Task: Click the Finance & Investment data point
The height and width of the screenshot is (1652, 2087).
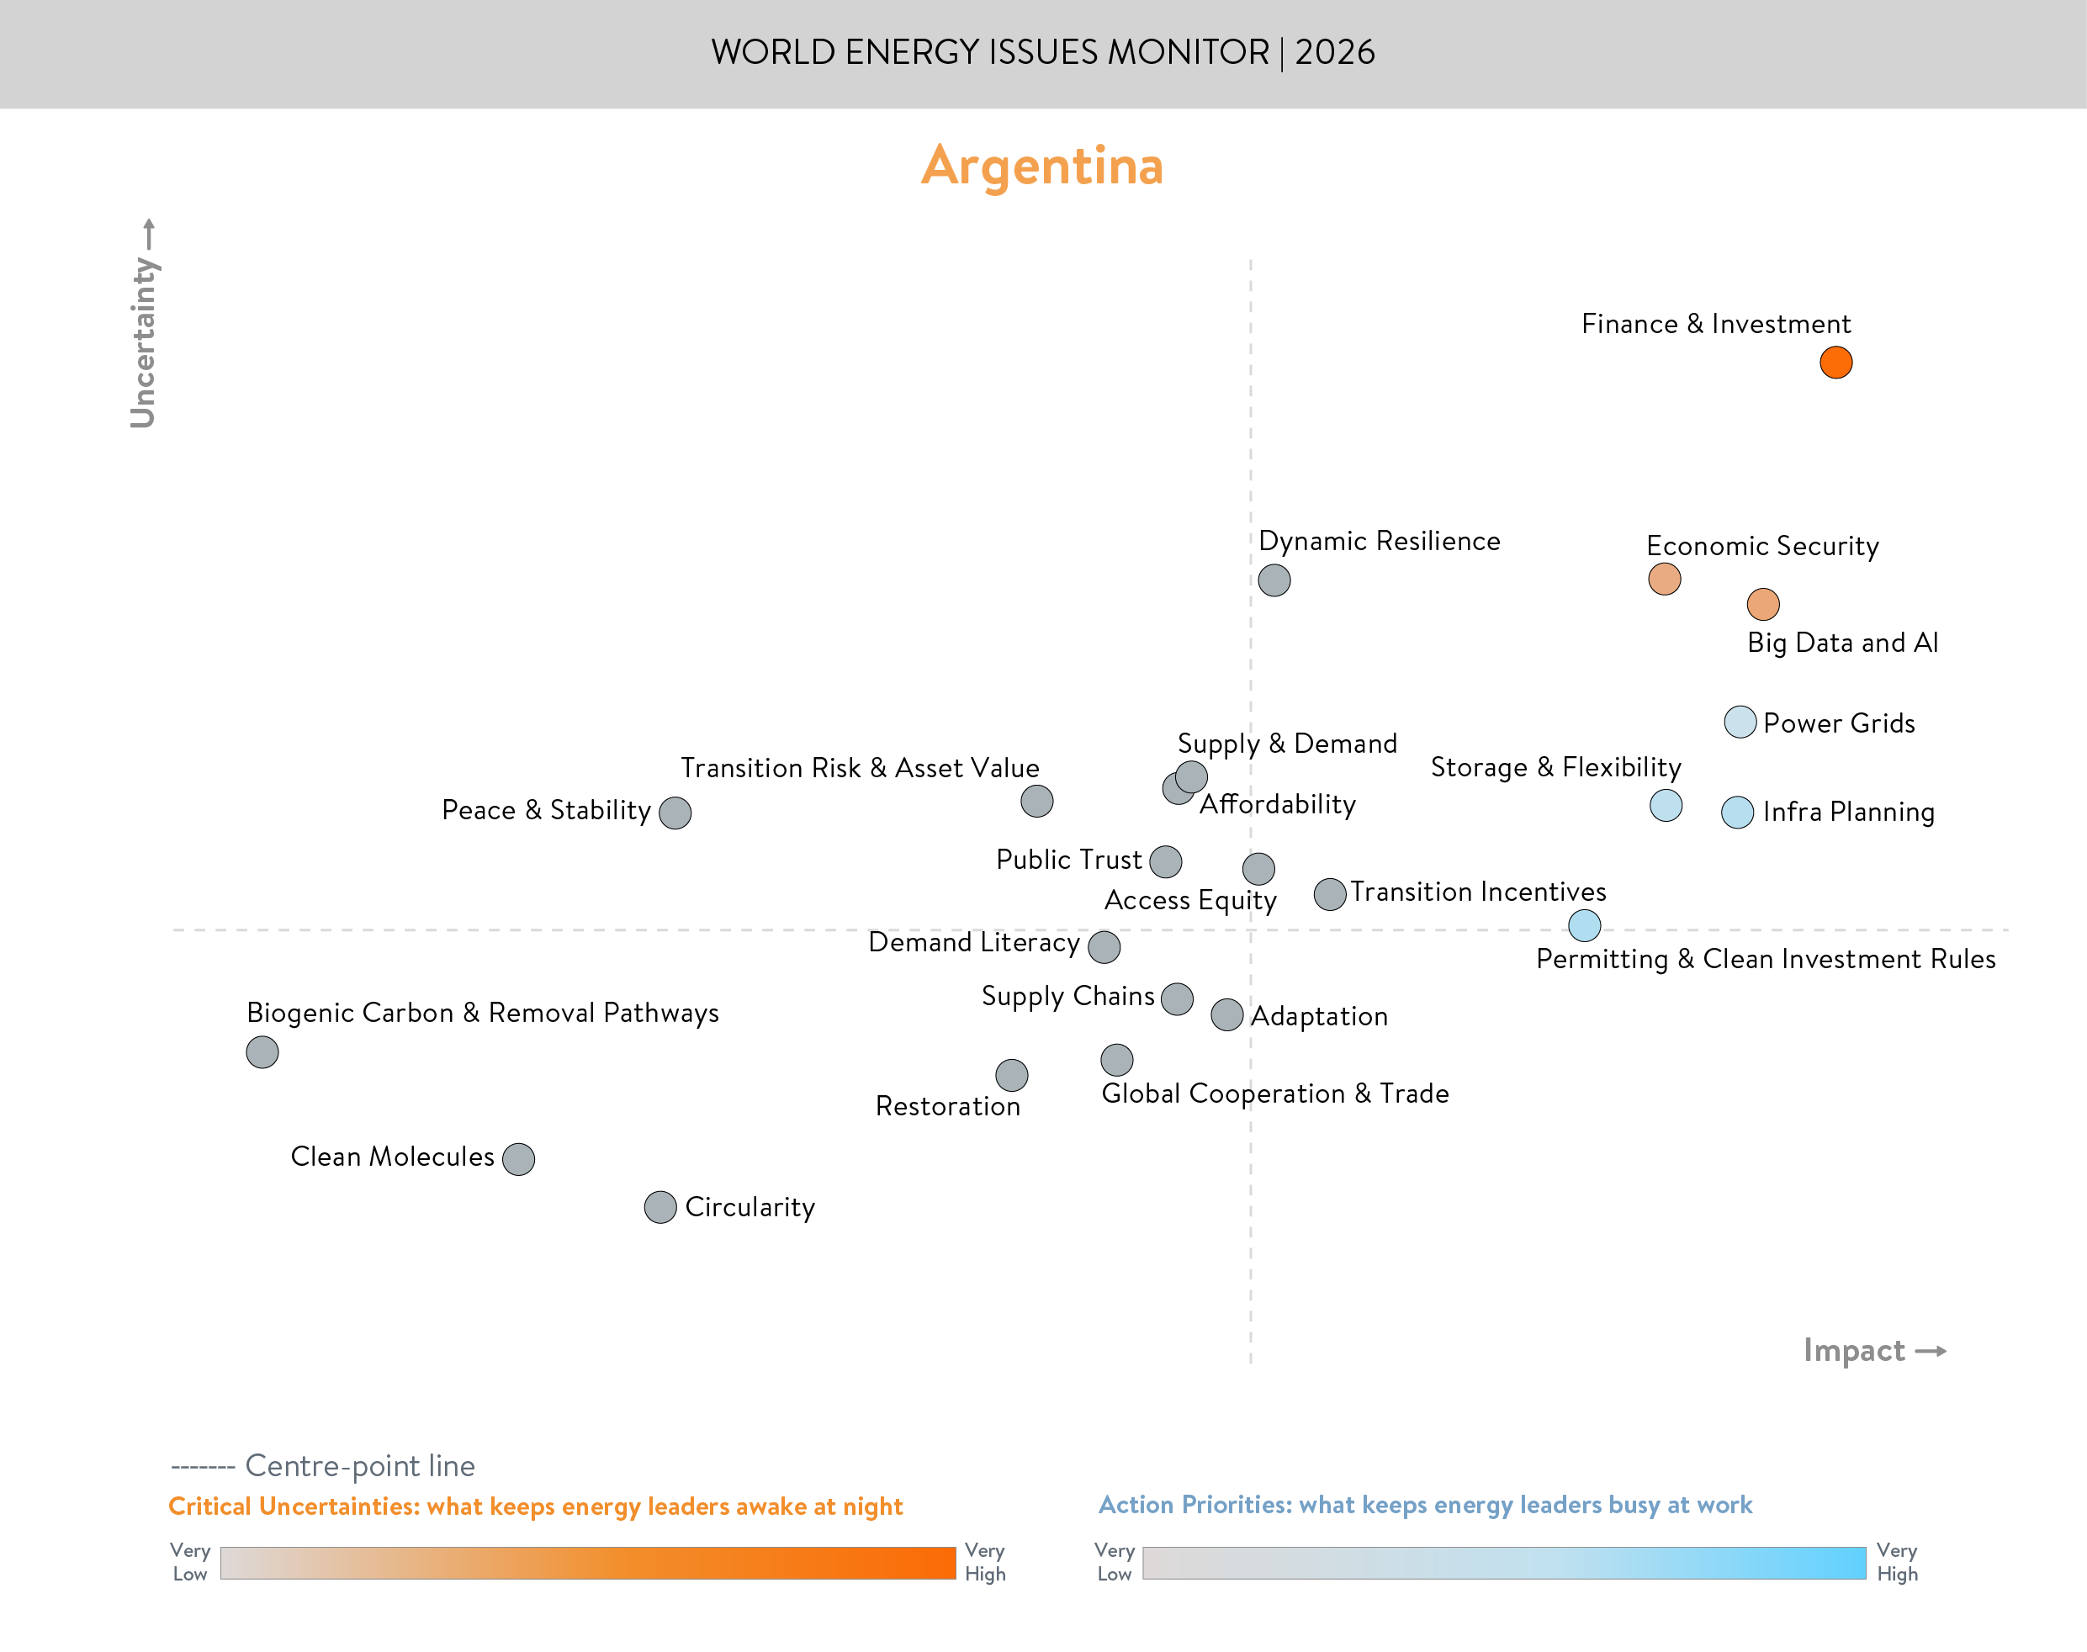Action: point(1835,363)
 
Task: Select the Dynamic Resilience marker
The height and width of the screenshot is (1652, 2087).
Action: point(1274,580)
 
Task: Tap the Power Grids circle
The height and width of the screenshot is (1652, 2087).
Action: point(1739,722)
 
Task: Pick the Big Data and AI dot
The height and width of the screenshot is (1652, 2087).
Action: point(1762,604)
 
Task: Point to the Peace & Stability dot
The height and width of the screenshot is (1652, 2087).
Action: point(674,813)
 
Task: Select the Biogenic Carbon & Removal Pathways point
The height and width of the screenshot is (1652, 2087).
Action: point(262,1051)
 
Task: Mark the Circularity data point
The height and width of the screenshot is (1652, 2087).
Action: point(659,1206)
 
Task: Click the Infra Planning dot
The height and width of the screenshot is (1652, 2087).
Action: point(1737,812)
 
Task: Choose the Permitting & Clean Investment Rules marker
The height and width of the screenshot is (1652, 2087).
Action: point(1583,924)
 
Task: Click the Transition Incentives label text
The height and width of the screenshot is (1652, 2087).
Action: point(1477,891)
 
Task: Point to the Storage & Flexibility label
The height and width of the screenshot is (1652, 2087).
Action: point(1555,767)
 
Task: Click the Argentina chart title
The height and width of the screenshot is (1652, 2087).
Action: point(1041,166)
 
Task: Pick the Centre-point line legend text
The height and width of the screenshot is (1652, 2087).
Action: point(359,1465)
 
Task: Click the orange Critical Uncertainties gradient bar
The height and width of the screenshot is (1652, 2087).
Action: point(587,1562)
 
